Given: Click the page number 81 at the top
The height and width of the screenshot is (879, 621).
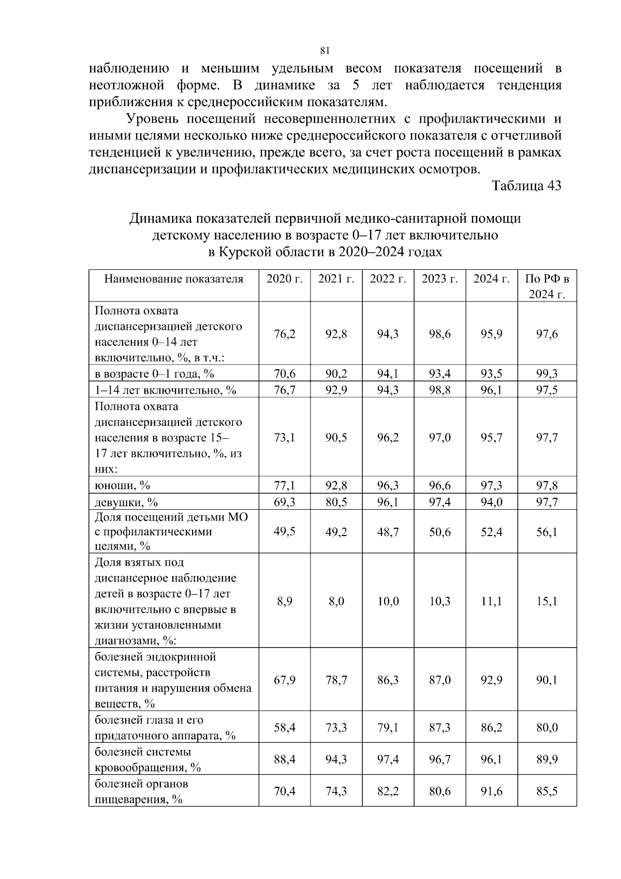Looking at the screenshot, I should [x=325, y=50].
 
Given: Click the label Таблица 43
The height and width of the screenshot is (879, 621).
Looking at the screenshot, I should [x=526, y=186].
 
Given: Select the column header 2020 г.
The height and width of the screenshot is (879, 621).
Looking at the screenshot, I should [x=284, y=279].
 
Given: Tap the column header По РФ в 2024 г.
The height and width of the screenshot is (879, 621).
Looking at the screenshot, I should [x=546, y=286].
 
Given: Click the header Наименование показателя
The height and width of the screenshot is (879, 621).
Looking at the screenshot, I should [x=173, y=279].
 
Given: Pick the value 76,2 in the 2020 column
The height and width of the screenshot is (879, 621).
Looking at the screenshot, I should [x=284, y=334].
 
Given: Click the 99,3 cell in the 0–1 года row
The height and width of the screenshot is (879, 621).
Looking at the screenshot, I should [x=546, y=373].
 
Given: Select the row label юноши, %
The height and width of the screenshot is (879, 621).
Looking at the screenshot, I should [x=122, y=485].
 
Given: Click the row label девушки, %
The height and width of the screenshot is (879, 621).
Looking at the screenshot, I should [x=126, y=502].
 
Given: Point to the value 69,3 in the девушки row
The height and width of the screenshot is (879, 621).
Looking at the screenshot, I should [x=284, y=502].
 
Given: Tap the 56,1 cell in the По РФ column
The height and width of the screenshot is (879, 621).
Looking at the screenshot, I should [x=546, y=532].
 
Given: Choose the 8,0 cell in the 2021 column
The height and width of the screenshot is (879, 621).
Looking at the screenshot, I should [x=336, y=601].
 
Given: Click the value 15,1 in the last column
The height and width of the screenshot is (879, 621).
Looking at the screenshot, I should [x=546, y=601].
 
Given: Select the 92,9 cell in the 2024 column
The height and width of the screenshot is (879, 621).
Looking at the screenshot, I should [x=491, y=680].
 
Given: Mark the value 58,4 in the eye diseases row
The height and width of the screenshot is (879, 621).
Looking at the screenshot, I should [x=284, y=728].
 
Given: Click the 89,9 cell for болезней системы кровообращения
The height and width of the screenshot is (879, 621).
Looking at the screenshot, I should [x=546, y=759].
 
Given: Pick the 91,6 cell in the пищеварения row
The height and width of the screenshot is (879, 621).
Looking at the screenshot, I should [x=491, y=791].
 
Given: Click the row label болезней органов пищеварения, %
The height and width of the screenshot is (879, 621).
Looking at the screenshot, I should [x=141, y=791].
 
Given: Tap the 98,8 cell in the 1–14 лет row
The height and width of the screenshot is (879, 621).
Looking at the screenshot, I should [x=439, y=390].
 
